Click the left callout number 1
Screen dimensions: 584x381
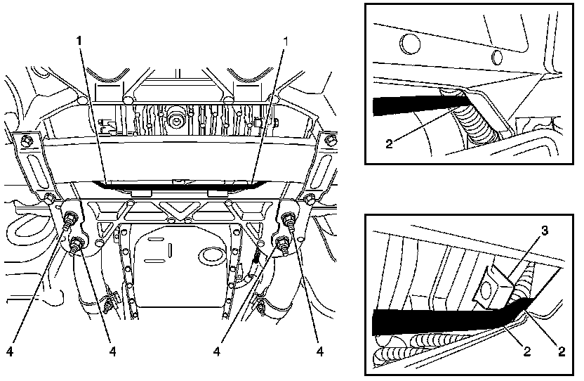(80, 39)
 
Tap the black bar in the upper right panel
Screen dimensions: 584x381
(407, 104)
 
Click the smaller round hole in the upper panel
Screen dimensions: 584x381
(498, 56)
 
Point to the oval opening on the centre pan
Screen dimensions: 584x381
(210, 254)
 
